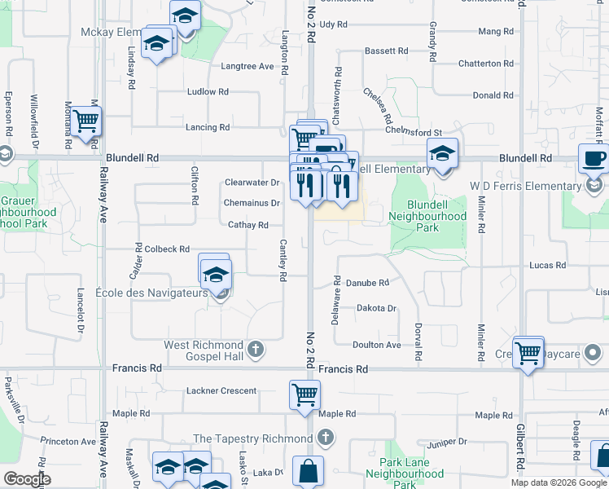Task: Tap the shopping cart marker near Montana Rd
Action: point(85,121)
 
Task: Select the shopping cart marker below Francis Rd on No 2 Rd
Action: point(304,394)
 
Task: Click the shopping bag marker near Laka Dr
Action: point(309,470)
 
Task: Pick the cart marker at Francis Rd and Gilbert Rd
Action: point(529,351)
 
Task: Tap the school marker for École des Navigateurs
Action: point(217,274)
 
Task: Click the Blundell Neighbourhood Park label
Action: point(427,217)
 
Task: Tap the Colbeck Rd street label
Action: point(166,249)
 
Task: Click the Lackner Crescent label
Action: point(221,391)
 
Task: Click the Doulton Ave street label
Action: point(378,345)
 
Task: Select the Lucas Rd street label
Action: point(546,266)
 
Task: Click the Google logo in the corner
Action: point(27,480)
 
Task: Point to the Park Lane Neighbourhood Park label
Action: point(404,474)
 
